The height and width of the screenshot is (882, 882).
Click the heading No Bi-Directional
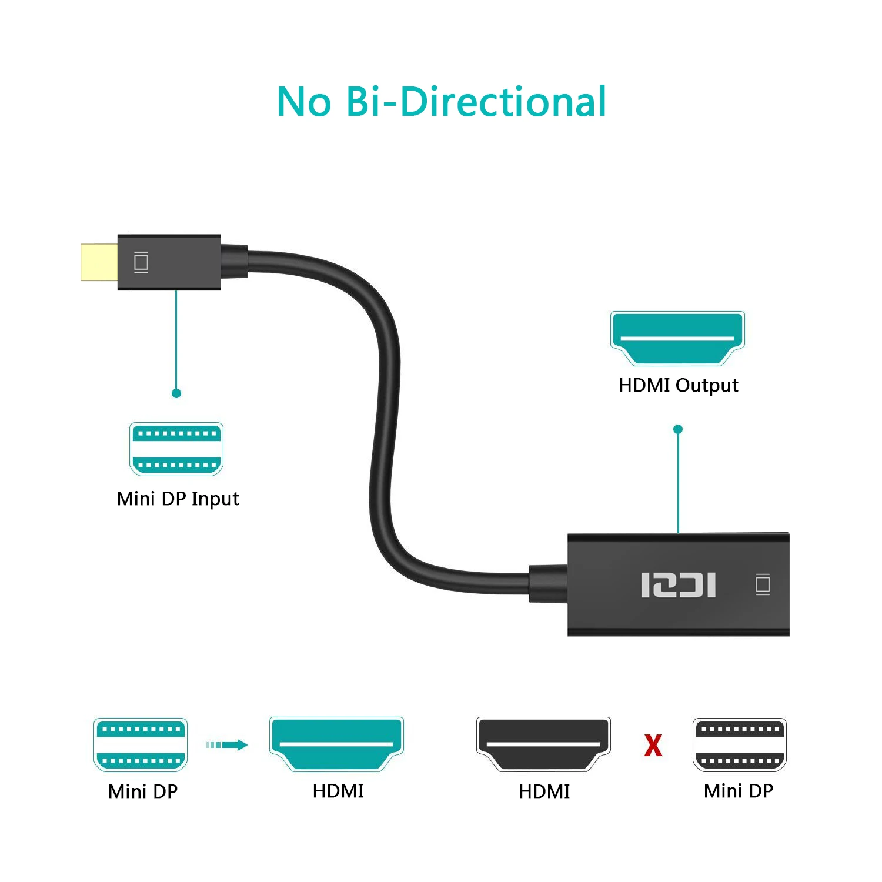tap(441, 102)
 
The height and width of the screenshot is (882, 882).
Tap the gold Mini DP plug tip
tap(99, 262)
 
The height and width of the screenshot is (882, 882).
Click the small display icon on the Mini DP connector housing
tap(141, 262)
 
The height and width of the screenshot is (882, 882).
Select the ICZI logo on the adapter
tap(678, 585)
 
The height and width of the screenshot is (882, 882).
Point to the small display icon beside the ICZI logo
tap(763, 584)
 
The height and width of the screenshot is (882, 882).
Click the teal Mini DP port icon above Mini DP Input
tap(176, 449)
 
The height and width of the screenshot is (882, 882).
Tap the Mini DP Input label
tap(178, 499)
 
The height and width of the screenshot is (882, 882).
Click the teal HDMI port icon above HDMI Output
tap(677, 338)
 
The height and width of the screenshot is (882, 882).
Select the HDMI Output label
tap(678, 385)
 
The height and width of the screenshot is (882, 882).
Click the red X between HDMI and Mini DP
tap(653, 745)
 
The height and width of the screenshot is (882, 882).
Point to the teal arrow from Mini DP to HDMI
tap(227, 745)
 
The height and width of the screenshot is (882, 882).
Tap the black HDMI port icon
tap(543, 744)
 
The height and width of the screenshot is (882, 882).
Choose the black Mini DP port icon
tap(739, 744)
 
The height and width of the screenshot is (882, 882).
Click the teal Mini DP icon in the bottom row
tap(141, 744)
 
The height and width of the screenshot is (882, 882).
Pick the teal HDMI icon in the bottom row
tap(336, 744)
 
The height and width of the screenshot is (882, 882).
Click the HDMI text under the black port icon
tap(544, 791)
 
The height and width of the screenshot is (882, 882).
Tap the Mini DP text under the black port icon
tap(738, 791)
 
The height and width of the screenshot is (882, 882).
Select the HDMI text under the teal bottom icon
tap(338, 791)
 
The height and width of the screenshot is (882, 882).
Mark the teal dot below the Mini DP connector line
tap(176, 393)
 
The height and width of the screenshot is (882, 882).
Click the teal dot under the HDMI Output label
tap(678, 429)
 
